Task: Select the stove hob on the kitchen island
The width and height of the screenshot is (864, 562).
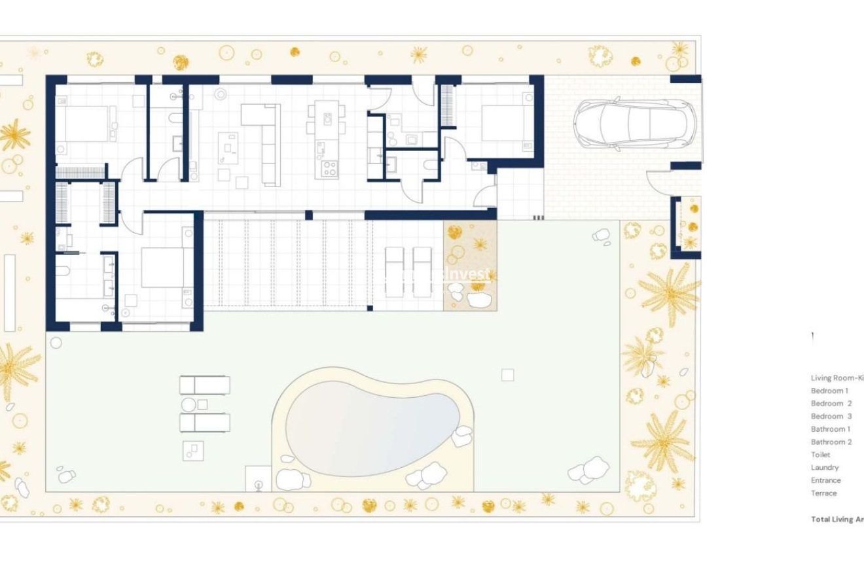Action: [x=328, y=168]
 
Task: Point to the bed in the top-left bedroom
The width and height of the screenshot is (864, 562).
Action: [x=84, y=124]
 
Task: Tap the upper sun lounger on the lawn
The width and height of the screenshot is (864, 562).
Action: [x=205, y=385]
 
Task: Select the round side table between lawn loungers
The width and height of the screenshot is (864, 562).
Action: [x=189, y=404]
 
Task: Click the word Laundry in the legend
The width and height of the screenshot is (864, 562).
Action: [x=825, y=468]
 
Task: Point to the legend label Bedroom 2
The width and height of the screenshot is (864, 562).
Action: [x=831, y=404]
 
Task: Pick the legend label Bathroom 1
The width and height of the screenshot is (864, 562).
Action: [x=831, y=429]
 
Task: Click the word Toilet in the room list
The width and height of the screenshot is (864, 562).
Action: [x=820, y=455]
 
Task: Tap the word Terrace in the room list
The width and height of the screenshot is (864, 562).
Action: [x=823, y=493]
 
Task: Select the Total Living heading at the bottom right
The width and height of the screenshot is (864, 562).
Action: [x=837, y=519]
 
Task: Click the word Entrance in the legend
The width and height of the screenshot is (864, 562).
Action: [x=826, y=480]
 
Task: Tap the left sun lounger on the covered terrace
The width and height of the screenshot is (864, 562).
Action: [x=394, y=272]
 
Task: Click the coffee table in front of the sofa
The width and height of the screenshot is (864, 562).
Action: [x=228, y=147]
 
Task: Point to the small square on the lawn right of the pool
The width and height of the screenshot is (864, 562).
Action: [x=507, y=375]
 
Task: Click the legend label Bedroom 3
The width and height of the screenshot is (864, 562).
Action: [x=831, y=416]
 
